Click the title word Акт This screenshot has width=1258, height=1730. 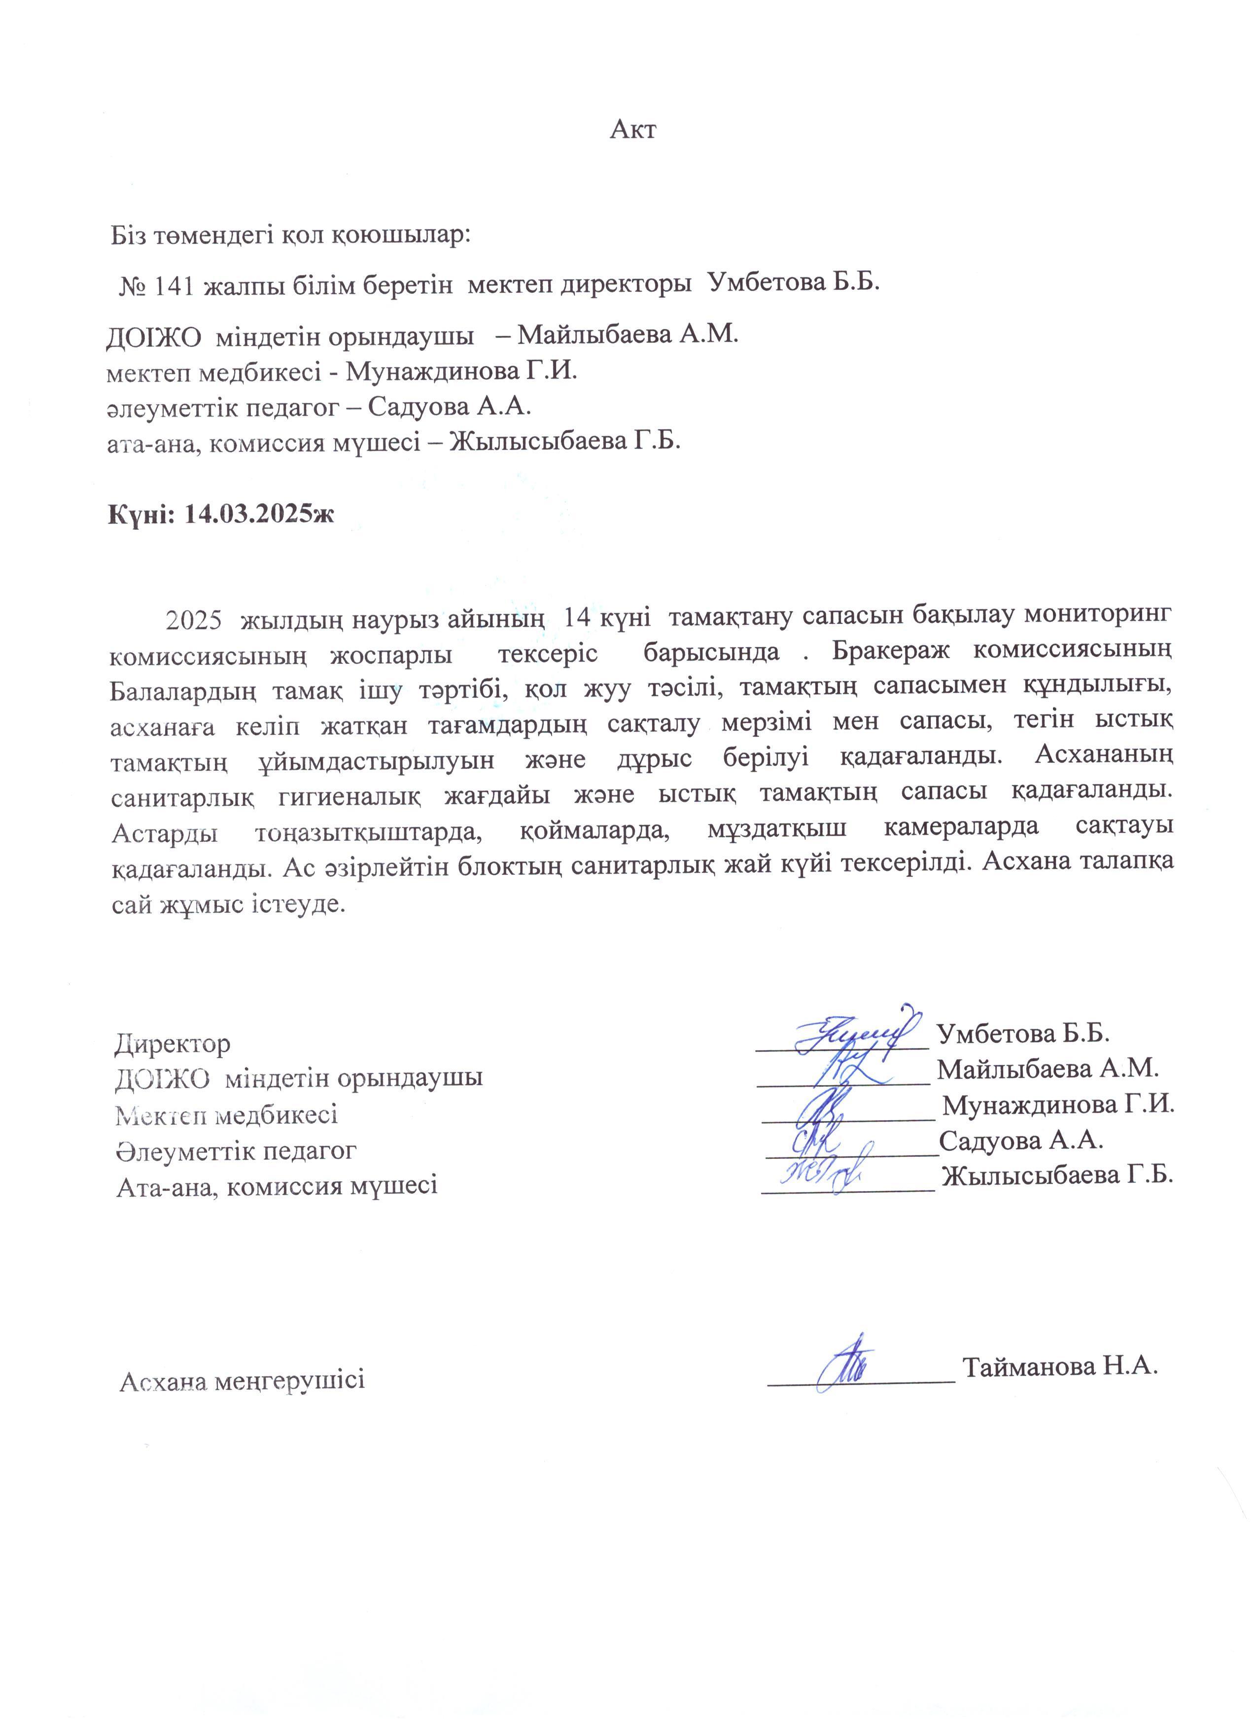tap(632, 130)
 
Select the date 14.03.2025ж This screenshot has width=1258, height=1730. tap(260, 514)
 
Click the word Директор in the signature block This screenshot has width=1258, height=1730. tap(173, 1043)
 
